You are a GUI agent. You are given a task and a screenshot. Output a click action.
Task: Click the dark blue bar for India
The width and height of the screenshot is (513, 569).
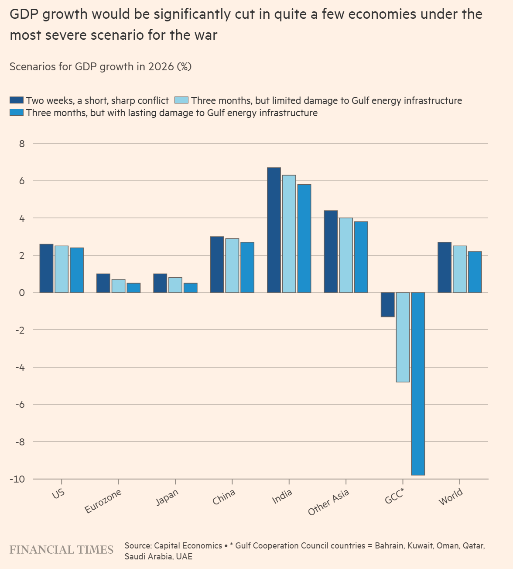click(x=274, y=230)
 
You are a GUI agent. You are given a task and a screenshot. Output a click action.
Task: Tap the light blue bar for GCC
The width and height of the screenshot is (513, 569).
click(x=403, y=337)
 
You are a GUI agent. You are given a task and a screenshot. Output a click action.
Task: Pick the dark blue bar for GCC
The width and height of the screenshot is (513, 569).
click(x=387, y=304)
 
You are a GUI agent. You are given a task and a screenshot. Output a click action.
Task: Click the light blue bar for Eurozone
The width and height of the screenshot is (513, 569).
click(x=118, y=286)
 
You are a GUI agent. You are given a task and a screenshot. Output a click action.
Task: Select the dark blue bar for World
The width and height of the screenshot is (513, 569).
click(x=444, y=267)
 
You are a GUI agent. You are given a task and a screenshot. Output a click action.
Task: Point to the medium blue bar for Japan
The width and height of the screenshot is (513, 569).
click(x=191, y=288)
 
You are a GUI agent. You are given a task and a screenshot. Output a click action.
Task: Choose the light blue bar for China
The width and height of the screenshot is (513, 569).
click(x=232, y=266)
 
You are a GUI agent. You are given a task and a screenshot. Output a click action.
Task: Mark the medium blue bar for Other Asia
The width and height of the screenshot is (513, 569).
click(x=361, y=257)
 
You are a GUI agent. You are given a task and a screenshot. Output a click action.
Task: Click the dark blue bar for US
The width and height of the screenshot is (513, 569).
click(x=46, y=268)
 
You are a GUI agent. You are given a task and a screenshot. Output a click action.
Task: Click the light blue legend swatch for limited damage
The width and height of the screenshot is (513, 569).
click(x=181, y=100)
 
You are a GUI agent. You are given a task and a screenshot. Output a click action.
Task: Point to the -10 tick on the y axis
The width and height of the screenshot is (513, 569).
click(x=18, y=479)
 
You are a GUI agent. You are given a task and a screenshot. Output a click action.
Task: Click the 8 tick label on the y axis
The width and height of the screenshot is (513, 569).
click(x=22, y=144)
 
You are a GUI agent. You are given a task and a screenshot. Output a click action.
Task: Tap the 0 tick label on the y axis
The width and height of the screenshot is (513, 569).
click(x=22, y=293)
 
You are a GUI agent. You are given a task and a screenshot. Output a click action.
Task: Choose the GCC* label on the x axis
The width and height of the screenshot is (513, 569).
click(x=395, y=497)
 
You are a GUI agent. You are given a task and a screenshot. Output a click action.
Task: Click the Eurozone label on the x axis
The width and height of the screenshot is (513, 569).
click(x=103, y=501)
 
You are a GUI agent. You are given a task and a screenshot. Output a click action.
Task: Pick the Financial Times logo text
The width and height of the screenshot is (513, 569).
click(x=62, y=549)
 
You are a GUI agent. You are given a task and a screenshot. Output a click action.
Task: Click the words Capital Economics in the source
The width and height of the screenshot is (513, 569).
click(x=188, y=545)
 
